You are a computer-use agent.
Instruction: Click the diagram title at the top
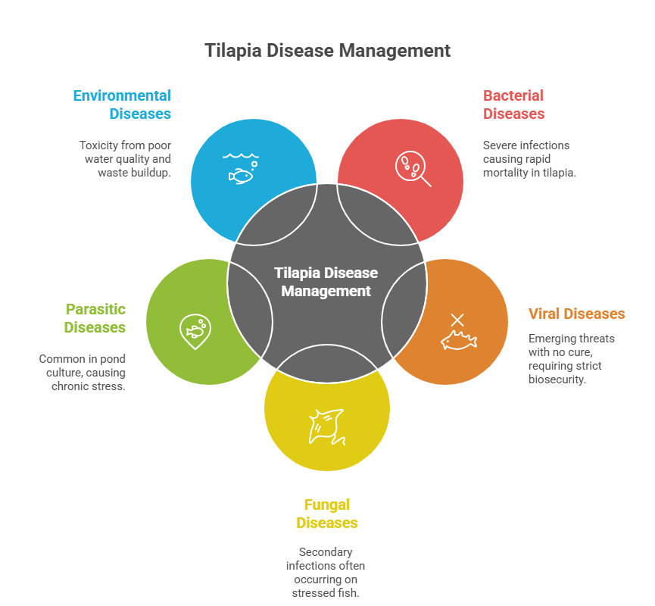(x=327, y=51)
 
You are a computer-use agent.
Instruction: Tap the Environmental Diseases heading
(x=123, y=105)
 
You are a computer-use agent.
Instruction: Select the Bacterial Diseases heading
(x=513, y=105)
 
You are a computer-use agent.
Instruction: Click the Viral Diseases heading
(x=576, y=314)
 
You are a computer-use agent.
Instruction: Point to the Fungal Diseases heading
(x=327, y=514)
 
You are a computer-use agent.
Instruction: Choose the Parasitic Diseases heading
(x=95, y=318)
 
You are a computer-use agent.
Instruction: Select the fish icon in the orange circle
(x=459, y=340)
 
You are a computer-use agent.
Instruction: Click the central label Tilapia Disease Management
(x=326, y=282)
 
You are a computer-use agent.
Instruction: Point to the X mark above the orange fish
(x=457, y=320)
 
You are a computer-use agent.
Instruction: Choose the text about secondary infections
(x=326, y=573)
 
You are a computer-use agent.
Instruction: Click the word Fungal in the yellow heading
(x=327, y=504)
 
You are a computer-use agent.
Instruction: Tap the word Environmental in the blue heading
(x=122, y=95)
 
